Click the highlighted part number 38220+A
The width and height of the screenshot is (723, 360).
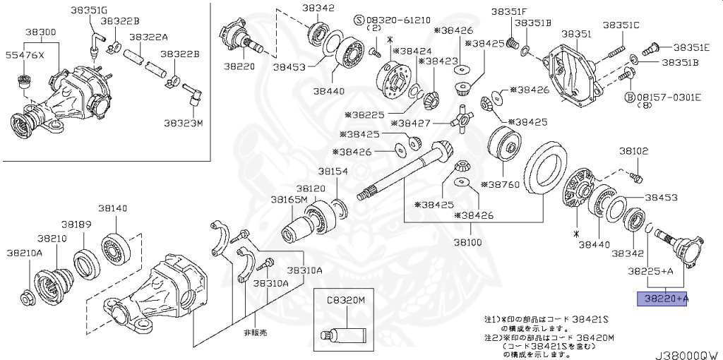point(662,299)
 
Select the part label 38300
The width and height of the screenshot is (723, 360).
point(42,33)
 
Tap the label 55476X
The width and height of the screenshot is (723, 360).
point(25,55)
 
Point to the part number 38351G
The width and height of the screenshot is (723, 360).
point(90,10)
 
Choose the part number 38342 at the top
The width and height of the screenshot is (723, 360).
point(318,8)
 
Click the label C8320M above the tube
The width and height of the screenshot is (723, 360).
point(345,300)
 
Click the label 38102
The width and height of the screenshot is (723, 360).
point(634,151)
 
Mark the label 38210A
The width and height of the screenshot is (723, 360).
point(25,252)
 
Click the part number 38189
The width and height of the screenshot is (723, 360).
point(76,224)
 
